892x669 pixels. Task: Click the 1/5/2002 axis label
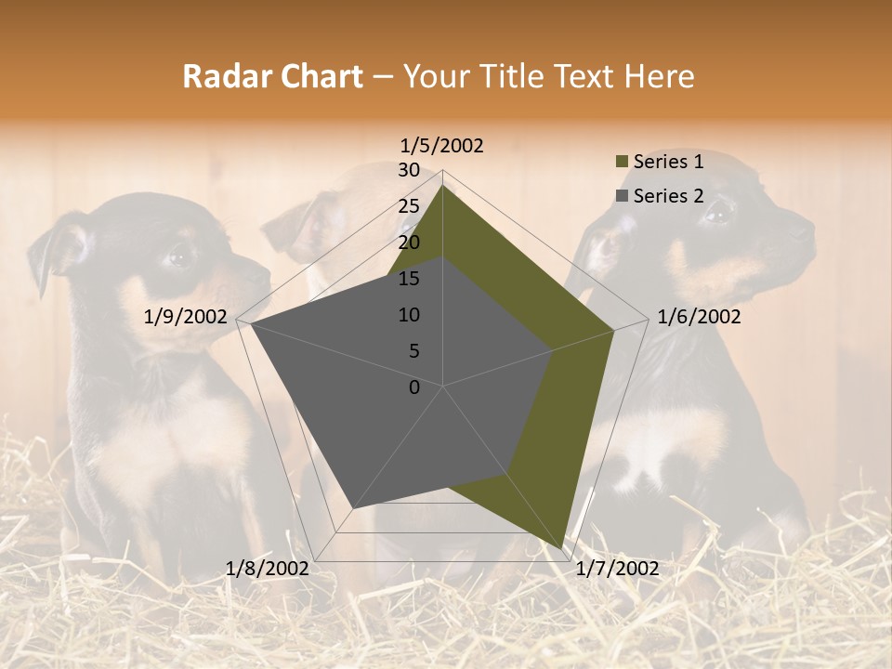pos(442,145)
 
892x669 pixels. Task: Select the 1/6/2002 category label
pos(699,317)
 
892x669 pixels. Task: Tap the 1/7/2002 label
pos(617,569)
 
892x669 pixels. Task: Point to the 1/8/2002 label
pos(268,569)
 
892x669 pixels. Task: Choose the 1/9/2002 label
pos(186,317)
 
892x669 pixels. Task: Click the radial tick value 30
pos(409,170)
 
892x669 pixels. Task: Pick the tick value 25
pos(409,206)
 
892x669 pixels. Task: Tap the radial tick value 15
pos(409,279)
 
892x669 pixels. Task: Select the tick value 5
pos(413,351)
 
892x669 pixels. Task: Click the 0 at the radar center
pos(414,387)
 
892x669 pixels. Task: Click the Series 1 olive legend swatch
pos(621,163)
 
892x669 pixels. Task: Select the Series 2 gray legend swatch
pos(621,196)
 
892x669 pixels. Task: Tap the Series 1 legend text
pos(668,162)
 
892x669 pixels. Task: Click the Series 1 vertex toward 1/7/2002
pos(561,549)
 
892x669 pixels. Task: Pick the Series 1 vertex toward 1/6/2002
pos(614,330)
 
